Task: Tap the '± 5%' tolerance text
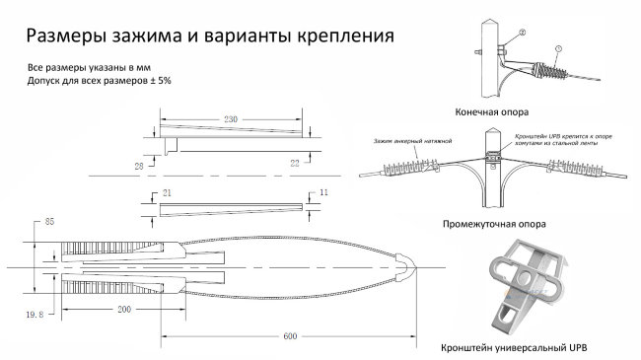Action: tap(158, 80)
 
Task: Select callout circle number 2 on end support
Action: tap(522, 32)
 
